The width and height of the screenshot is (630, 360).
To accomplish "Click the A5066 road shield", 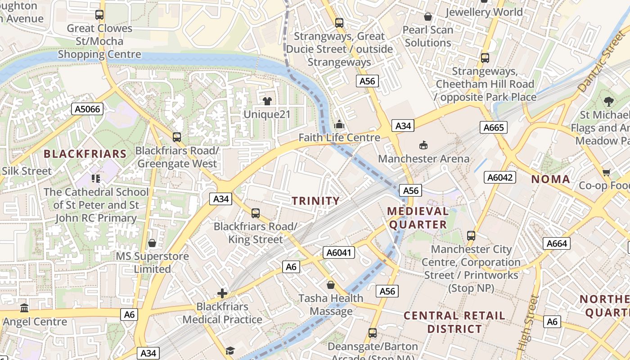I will pos(87,109).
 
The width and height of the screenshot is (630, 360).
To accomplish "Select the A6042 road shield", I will pos(500,177).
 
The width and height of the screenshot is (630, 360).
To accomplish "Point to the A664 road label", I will pos(557,243).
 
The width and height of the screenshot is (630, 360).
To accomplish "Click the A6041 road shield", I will pos(338,252).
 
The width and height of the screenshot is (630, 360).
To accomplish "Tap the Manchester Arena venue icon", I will pos(423,145).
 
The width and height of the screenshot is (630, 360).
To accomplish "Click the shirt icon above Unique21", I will pos(267,101).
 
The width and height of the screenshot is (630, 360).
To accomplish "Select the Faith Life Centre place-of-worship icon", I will pos(339,124).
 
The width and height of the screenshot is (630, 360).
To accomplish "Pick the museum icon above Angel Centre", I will pos(24,308).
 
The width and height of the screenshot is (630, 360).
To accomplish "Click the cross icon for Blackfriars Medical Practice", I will pos(222,293).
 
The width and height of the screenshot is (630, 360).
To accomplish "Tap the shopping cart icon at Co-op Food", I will pos(606,172).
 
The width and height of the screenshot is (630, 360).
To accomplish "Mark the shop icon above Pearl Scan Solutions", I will pos(427,17).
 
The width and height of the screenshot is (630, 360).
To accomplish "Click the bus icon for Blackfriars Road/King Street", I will pos(255,213).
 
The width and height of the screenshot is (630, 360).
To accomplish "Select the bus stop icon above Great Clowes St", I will pos(99,15).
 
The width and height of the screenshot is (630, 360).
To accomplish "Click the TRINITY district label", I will pos(315,201).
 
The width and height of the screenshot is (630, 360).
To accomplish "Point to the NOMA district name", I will pos(550,179).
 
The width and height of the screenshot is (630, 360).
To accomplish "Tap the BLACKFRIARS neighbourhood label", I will pos(85,154).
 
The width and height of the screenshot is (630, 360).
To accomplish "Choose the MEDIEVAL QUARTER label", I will pos(418,218).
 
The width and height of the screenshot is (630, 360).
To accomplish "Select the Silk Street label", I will pos(27,171).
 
